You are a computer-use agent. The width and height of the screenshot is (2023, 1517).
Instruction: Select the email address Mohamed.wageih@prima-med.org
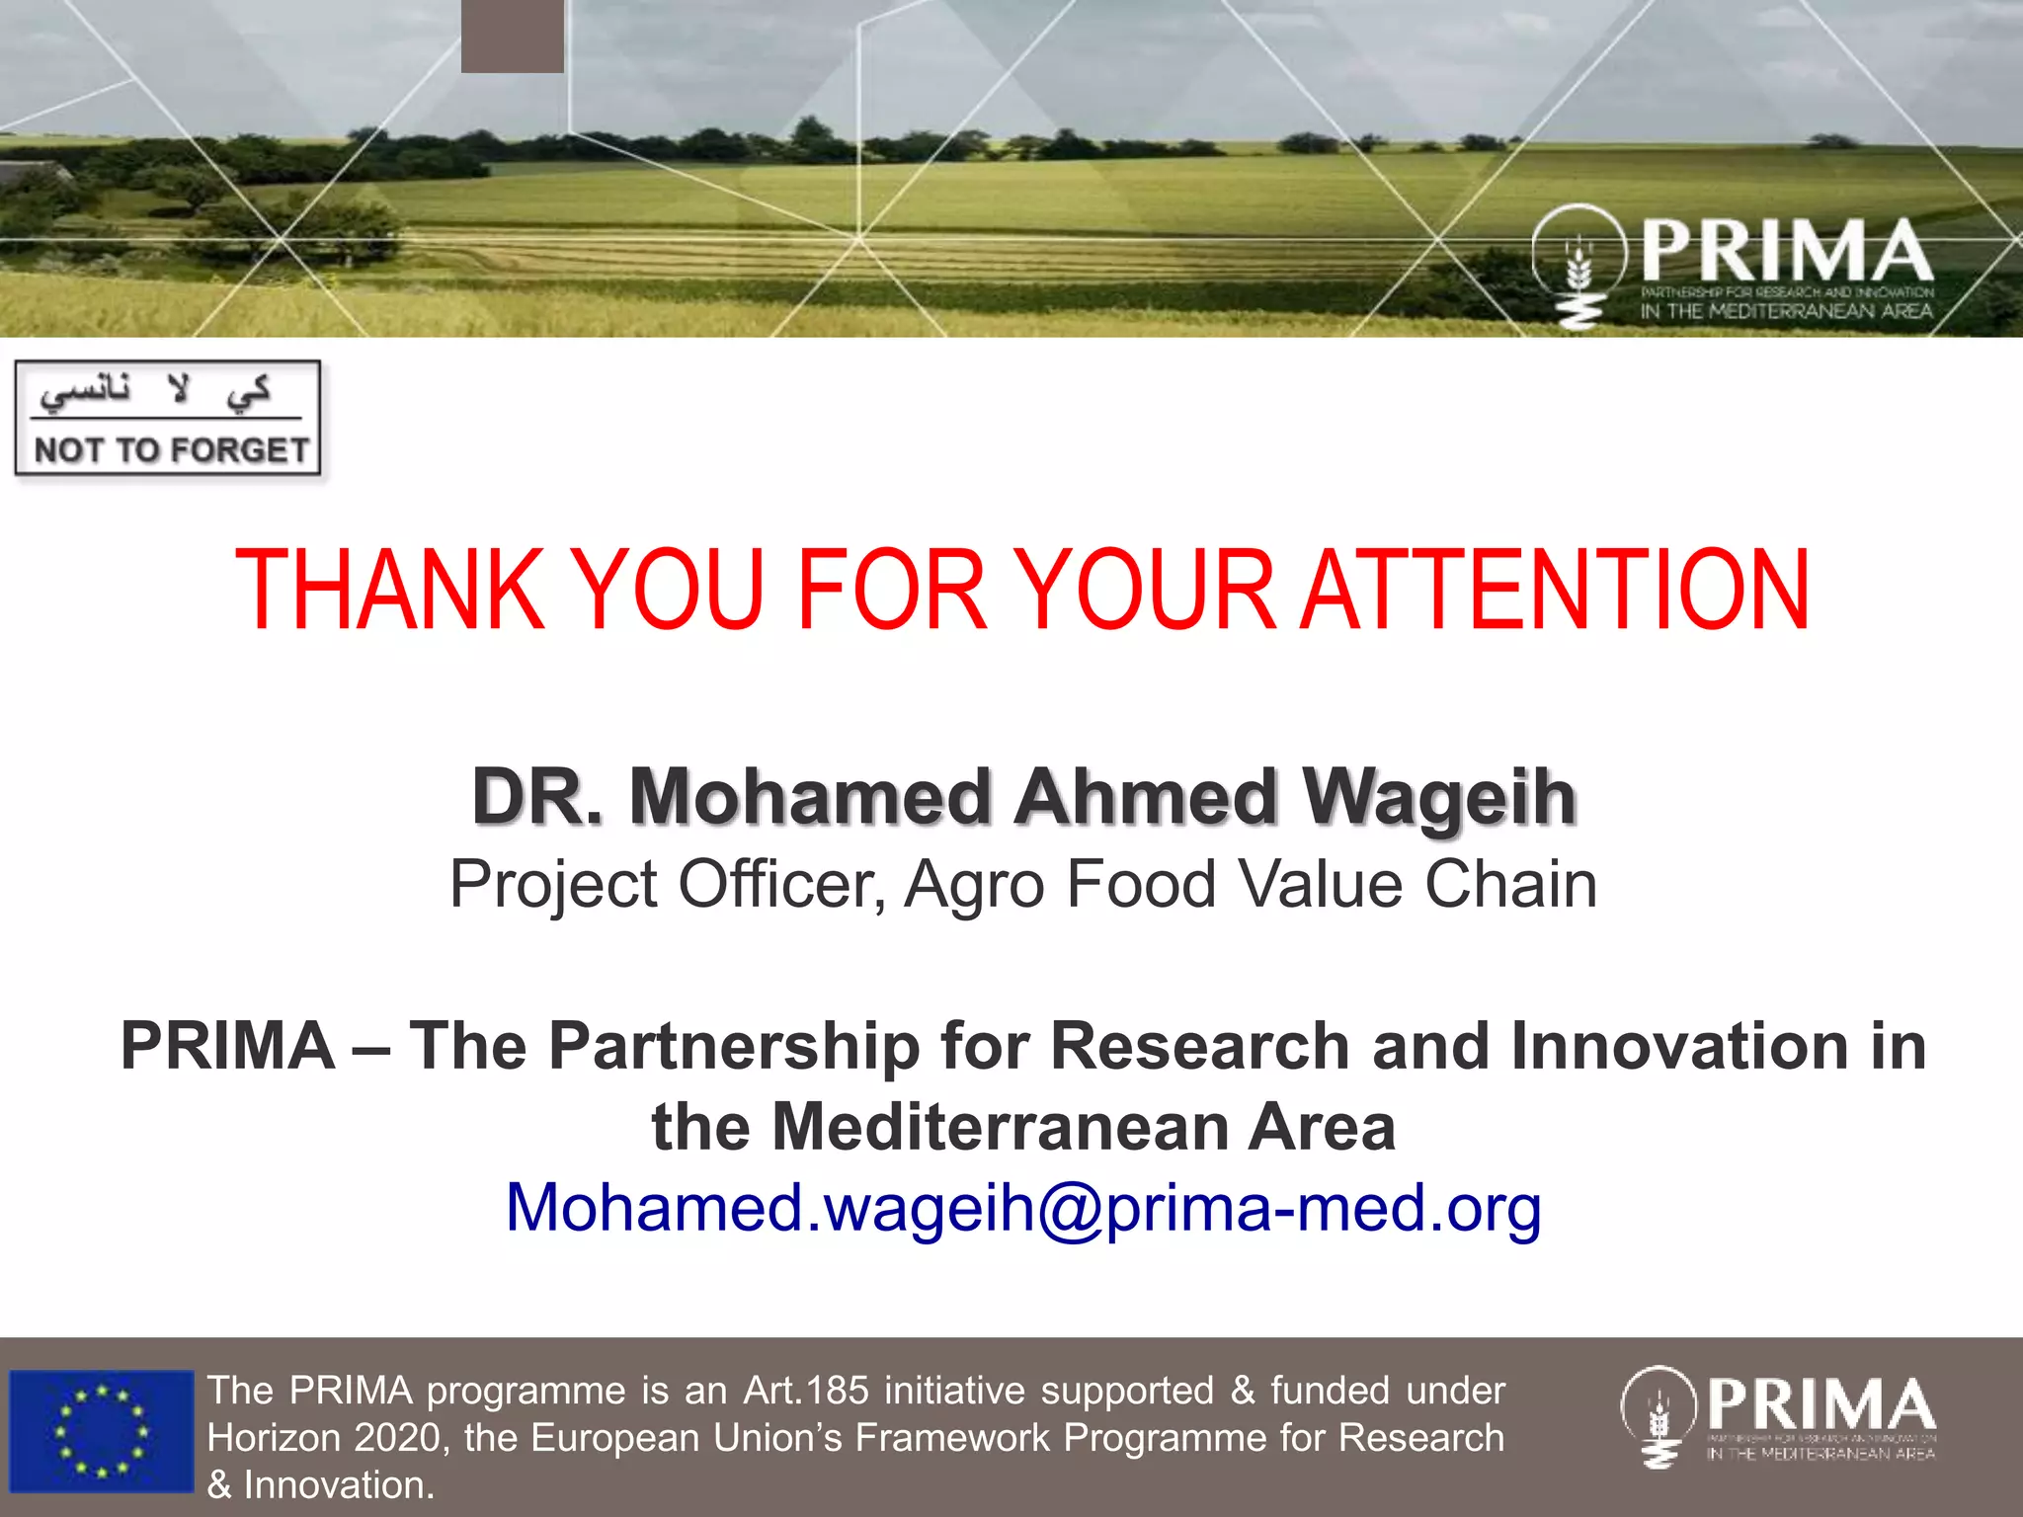(x=1022, y=1208)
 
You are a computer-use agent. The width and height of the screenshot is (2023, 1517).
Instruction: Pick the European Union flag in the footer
(x=101, y=1431)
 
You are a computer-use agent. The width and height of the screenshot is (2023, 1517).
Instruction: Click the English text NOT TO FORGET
(x=171, y=450)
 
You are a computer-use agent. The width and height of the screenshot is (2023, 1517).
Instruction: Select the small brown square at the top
(x=512, y=36)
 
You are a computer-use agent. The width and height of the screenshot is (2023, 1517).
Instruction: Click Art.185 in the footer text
(x=805, y=1391)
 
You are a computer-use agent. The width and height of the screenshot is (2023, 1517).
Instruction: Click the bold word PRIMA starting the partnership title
(x=227, y=1046)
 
